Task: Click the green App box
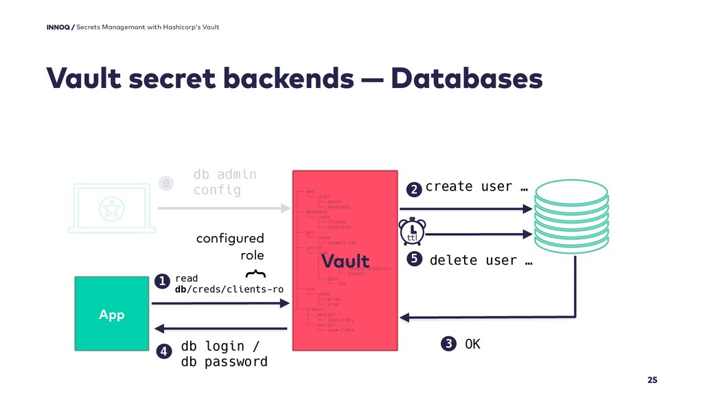pyautogui.click(x=112, y=314)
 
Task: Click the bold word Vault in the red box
pyautogui.click(x=346, y=262)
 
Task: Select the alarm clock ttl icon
pyautogui.click(x=412, y=232)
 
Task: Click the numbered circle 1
pyautogui.click(x=162, y=282)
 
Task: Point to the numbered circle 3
pyautogui.click(x=449, y=344)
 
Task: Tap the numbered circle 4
pyautogui.click(x=163, y=352)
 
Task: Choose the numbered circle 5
pyautogui.click(x=413, y=260)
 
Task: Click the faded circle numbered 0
pyautogui.click(x=165, y=183)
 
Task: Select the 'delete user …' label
pyautogui.click(x=481, y=261)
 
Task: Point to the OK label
pyautogui.click(x=473, y=344)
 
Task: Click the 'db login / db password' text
pyautogui.click(x=224, y=353)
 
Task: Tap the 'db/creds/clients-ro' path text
pyautogui.click(x=229, y=289)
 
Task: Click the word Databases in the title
pyautogui.click(x=466, y=79)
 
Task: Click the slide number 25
pyautogui.click(x=652, y=380)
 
